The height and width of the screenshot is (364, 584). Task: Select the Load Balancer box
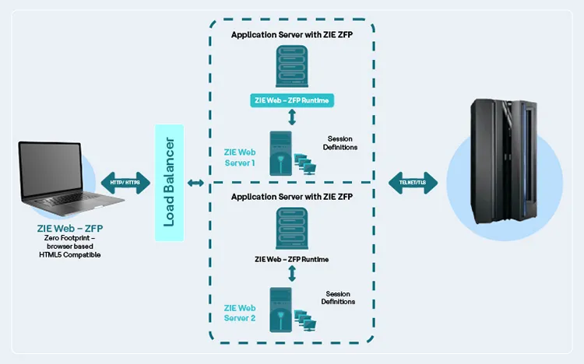click(169, 183)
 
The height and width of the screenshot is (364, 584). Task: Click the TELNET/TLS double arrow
click(412, 182)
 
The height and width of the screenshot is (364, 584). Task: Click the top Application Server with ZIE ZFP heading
click(292, 35)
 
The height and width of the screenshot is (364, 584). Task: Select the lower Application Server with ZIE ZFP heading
click(292, 198)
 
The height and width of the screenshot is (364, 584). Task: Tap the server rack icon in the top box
click(292, 67)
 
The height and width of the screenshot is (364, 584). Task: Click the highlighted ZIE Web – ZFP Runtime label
click(292, 100)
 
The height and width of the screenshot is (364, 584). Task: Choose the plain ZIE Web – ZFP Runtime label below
click(292, 259)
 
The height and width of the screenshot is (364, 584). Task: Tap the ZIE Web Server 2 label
click(240, 313)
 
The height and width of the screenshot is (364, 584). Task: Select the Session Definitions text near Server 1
click(339, 143)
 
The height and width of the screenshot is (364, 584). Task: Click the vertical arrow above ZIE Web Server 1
click(292, 117)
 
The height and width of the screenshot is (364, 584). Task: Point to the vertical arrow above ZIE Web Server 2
click(292, 274)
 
